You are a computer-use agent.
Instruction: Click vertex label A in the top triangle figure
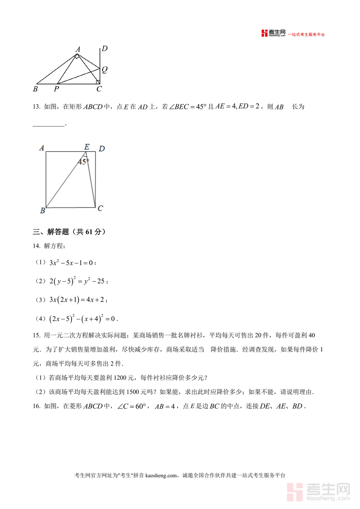click(78, 49)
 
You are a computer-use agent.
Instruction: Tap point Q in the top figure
click(104, 70)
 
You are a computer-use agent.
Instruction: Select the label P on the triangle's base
click(56, 89)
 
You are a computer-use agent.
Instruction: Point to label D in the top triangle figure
click(104, 49)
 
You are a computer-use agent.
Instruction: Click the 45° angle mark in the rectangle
click(83, 162)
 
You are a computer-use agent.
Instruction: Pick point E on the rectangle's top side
click(87, 147)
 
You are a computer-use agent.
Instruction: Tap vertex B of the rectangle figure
click(42, 211)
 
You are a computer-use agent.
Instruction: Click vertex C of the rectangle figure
click(100, 208)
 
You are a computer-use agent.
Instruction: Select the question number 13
click(36, 107)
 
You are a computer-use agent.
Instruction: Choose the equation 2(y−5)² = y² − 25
click(77, 281)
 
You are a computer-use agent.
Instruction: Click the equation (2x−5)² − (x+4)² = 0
click(82, 319)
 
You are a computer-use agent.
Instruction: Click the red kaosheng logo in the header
click(273, 33)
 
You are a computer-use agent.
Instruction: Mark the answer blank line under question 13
click(48, 126)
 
